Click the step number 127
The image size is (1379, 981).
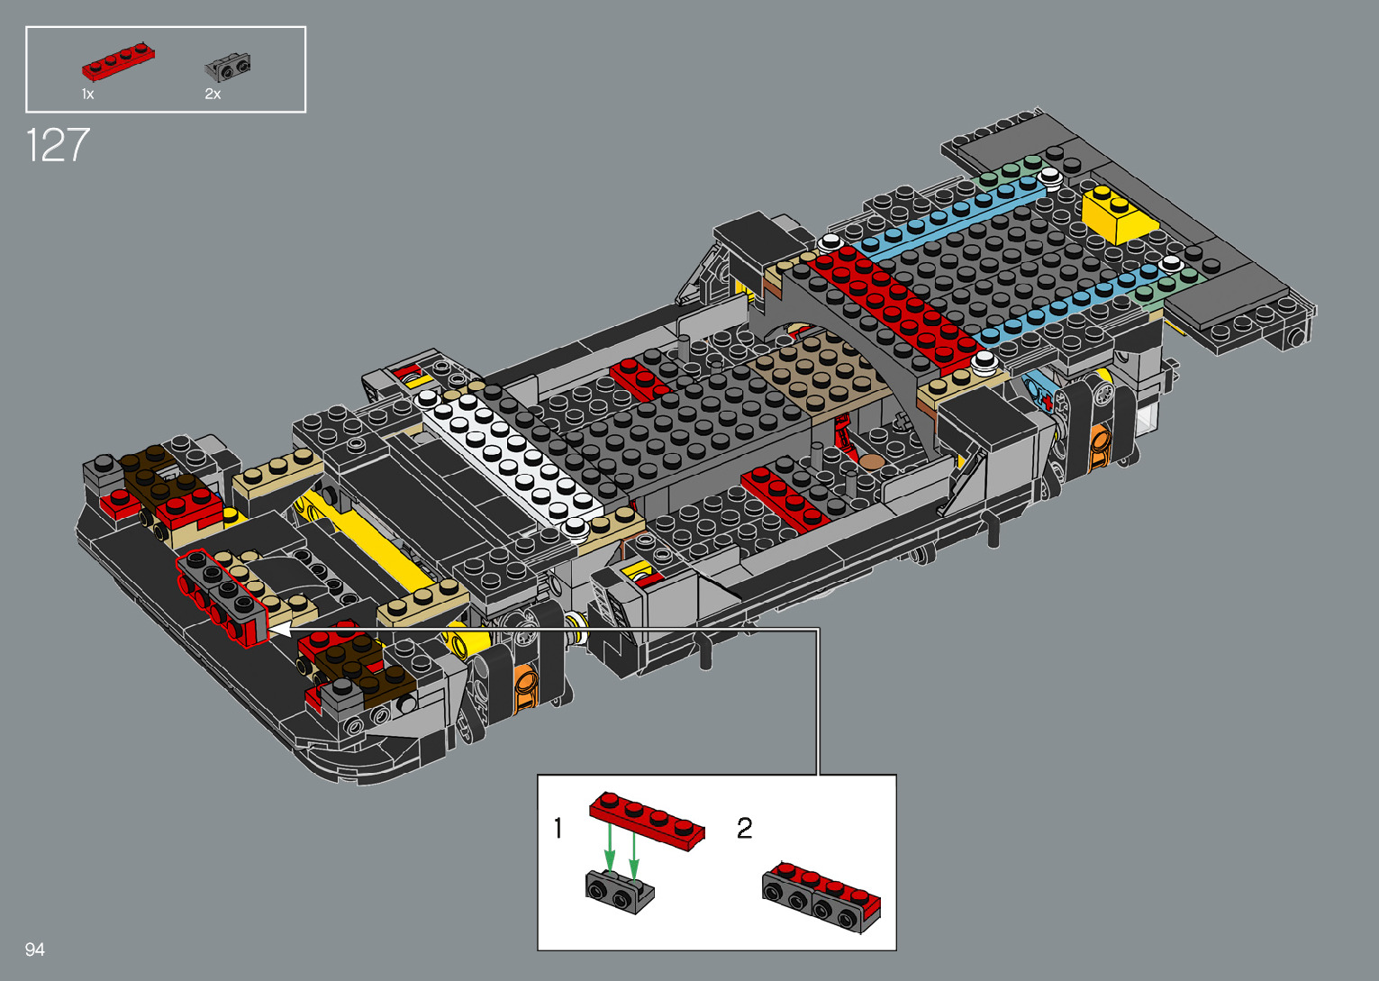pyautogui.click(x=58, y=145)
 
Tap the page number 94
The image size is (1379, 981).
pyautogui.click(x=35, y=949)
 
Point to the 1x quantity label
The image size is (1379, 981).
pyautogui.click(x=87, y=95)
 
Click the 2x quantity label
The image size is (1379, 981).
pyautogui.click(x=213, y=95)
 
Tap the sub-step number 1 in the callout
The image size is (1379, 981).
pyautogui.click(x=558, y=828)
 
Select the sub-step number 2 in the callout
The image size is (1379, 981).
pyautogui.click(x=744, y=828)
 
